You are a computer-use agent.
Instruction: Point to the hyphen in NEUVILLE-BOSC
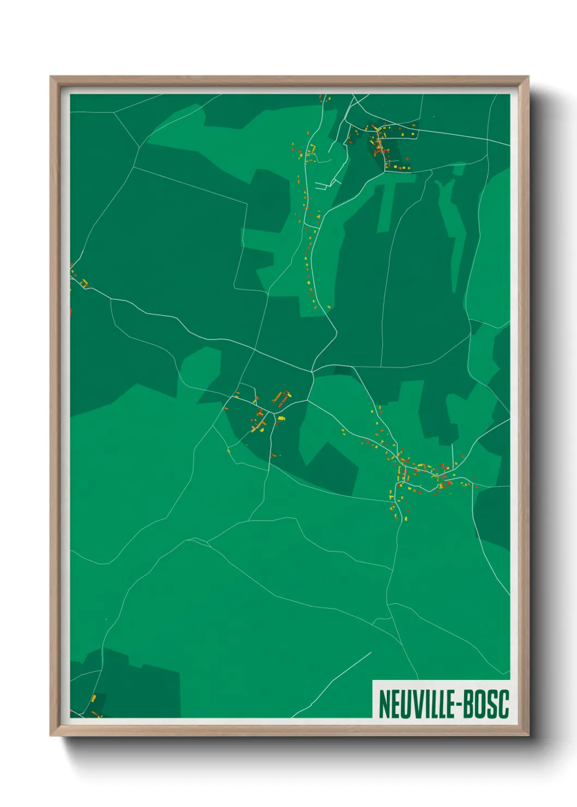[x=458, y=705]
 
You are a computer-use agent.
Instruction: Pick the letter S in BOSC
[x=492, y=704]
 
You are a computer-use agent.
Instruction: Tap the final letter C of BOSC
[x=503, y=704]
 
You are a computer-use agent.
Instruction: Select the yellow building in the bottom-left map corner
[x=93, y=698]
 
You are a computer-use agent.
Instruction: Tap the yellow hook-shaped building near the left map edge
[x=85, y=282]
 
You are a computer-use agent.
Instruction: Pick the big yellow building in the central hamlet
[x=281, y=418]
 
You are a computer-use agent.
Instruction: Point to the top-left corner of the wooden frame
[x=51, y=77]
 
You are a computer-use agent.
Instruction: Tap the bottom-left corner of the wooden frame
[x=51, y=735]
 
